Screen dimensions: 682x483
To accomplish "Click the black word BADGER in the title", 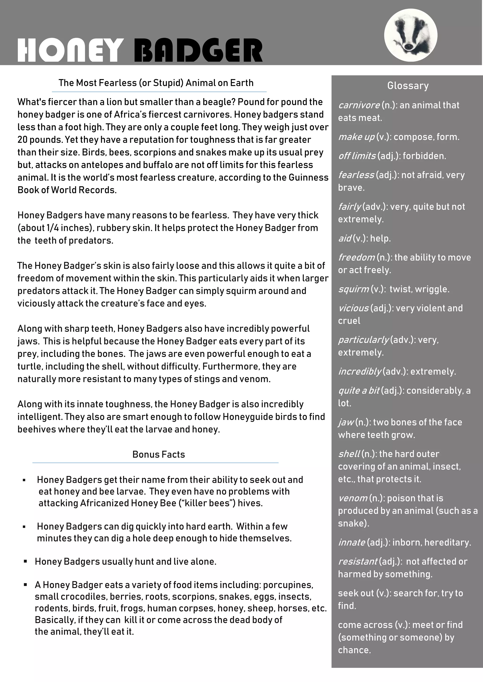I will (198, 50).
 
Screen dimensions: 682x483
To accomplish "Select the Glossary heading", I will (408, 86).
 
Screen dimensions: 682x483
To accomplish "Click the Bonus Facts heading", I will (158, 455).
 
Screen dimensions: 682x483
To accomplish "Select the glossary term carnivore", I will (359, 105).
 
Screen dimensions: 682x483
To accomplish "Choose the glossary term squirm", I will (353, 289).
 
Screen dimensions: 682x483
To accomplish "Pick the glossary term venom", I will (353, 498).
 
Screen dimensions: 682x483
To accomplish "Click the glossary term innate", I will (352, 542).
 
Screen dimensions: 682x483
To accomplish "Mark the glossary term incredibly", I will (360, 372).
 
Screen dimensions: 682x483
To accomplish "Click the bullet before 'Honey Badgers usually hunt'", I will (25, 561).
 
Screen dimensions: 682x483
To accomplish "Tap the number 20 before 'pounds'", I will (23, 140).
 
